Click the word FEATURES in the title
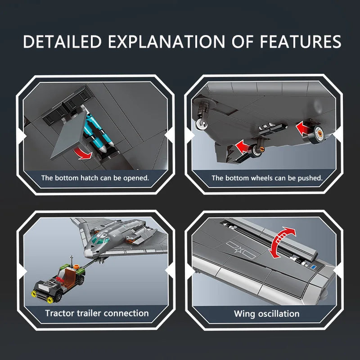[300, 41]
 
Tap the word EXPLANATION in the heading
[166, 41]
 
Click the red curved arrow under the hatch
[83, 153]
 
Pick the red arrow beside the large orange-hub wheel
[302, 129]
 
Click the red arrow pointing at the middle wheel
[242, 148]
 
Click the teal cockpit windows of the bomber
[99, 240]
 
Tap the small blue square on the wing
[313, 267]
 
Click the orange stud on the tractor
[76, 266]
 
